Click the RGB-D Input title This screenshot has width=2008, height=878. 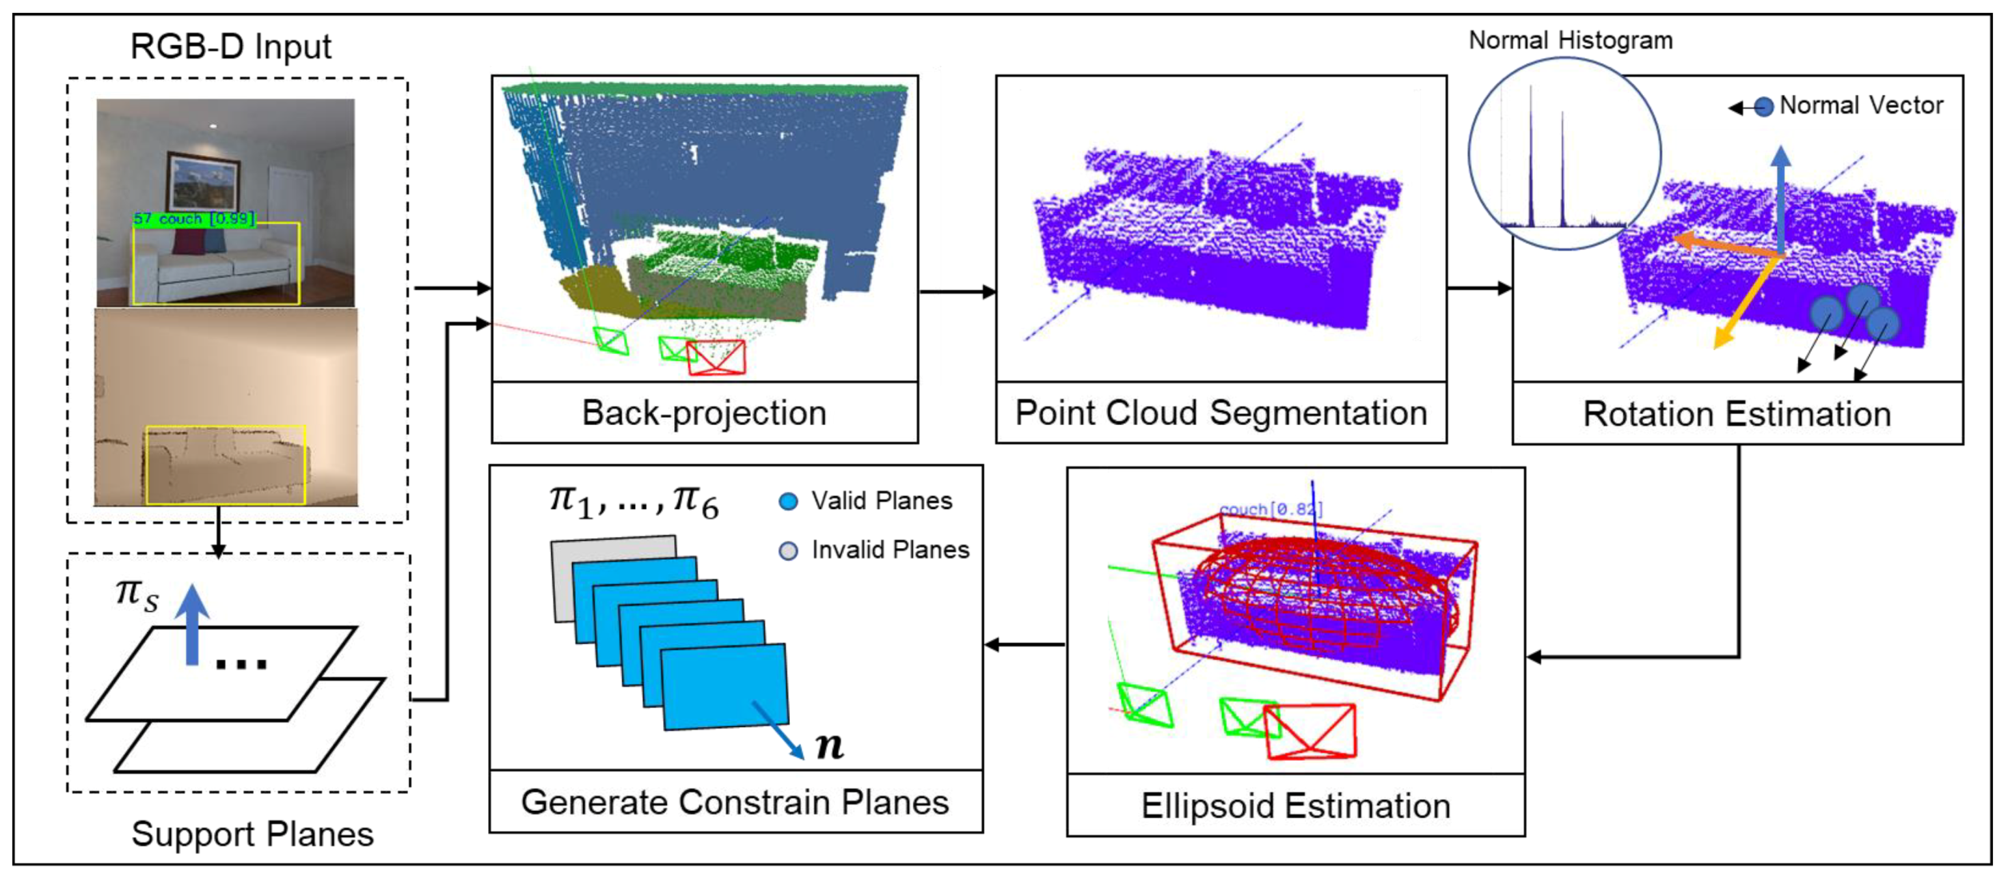(x=230, y=47)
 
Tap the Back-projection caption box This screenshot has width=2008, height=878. (x=704, y=413)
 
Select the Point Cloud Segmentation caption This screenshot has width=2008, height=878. (x=1220, y=413)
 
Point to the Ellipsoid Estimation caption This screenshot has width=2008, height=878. (x=1295, y=805)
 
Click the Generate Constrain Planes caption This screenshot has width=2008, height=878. (x=735, y=802)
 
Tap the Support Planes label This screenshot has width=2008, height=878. (x=252, y=834)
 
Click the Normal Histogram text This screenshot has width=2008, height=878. (x=1569, y=41)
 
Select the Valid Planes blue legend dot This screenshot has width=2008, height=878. (x=788, y=502)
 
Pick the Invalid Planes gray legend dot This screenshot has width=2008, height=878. (x=788, y=551)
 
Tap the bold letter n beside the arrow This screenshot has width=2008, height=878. (x=829, y=745)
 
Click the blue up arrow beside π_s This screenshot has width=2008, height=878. (x=192, y=623)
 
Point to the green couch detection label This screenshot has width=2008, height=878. (x=194, y=219)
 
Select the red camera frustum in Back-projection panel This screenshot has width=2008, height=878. (x=716, y=357)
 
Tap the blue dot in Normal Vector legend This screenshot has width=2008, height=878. (x=1764, y=106)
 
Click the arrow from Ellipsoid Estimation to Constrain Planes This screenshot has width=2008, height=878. (x=1025, y=645)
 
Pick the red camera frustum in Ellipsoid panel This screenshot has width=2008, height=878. (x=1311, y=731)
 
